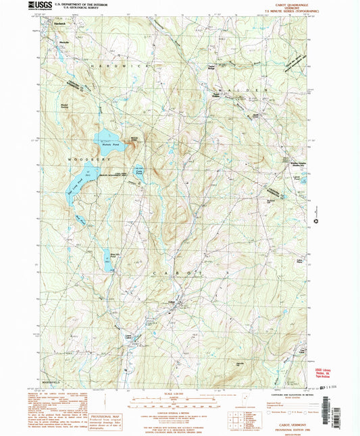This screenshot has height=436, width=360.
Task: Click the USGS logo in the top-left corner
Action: [x=39, y=7]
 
